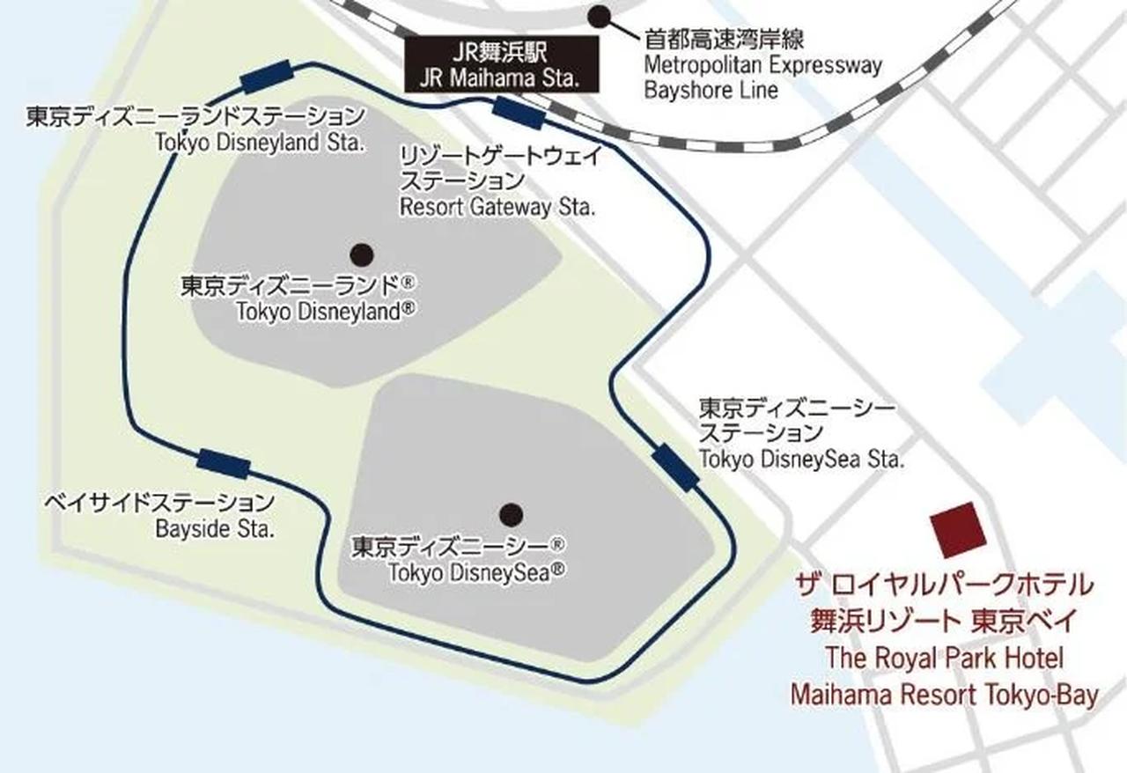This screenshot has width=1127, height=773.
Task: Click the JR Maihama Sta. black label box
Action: pyautogui.click(x=501, y=66)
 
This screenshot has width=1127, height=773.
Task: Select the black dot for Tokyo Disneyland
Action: pyautogui.click(x=361, y=255)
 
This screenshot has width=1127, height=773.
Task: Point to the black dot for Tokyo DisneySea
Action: pyautogui.click(x=511, y=513)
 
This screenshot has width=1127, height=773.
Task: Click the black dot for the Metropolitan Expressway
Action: pyautogui.click(x=600, y=15)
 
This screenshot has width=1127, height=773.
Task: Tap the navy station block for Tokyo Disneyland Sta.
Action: pyautogui.click(x=266, y=77)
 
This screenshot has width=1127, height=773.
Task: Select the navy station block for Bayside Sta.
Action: pyautogui.click(x=223, y=463)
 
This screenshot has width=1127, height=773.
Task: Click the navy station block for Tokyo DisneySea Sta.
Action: pyautogui.click(x=675, y=467)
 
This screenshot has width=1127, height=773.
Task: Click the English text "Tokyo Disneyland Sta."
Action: pyautogui.click(x=259, y=143)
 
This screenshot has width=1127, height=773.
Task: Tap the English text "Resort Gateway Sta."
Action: pyautogui.click(x=497, y=209)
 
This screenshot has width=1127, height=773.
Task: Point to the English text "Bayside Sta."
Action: pyautogui.click(x=215, y=530)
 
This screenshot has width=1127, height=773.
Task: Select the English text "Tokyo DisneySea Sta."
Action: pyautogui.click(x=801, y=460)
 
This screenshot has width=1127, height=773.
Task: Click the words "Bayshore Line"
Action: pyautogui.click(x=711, y=90)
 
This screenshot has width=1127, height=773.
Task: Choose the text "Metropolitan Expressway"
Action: pyautogui.click(x=762, y=65)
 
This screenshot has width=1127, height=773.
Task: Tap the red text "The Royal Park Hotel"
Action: pyautogui.click(x=944, y=658)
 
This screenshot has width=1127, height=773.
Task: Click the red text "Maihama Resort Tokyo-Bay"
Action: pyautogui.click(x=944, y=695)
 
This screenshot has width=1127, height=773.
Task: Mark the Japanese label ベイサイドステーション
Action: pyautogui.click(x=159, y=504)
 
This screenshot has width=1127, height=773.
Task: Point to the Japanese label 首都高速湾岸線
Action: pyautogui.click(x=725, y=40)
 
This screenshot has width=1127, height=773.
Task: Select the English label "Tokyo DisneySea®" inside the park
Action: pyautogui.click(x=476, y=572)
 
